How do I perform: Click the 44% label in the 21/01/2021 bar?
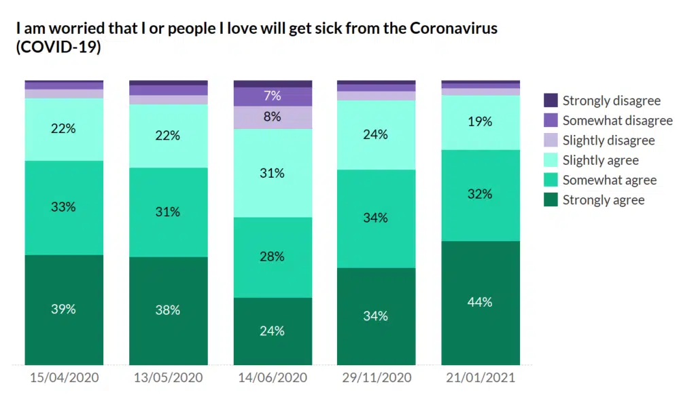pos(480,302)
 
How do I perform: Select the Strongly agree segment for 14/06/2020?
pos(273,331)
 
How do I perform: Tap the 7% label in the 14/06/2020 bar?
pos(273,96)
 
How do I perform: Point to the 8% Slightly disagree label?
pos(273,116)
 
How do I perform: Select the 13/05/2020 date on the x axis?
pos(168,377)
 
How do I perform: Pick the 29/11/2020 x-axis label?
pos(376,377)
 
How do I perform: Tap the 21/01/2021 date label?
pos(480,377)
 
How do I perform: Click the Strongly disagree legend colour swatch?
pos(551,100)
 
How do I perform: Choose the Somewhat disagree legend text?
pos(617,121)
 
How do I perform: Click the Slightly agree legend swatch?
pos(551,160)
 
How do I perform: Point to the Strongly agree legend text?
pos(604,200)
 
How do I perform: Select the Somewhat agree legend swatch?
pos(551,180)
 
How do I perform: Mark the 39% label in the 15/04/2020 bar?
pos(63,309)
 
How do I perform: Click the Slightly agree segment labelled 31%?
pos(273,173)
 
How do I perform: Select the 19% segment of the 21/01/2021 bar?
pos(480,122)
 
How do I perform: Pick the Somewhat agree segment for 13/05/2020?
pos(168,212)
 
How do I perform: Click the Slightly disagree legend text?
pos(608,140)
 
